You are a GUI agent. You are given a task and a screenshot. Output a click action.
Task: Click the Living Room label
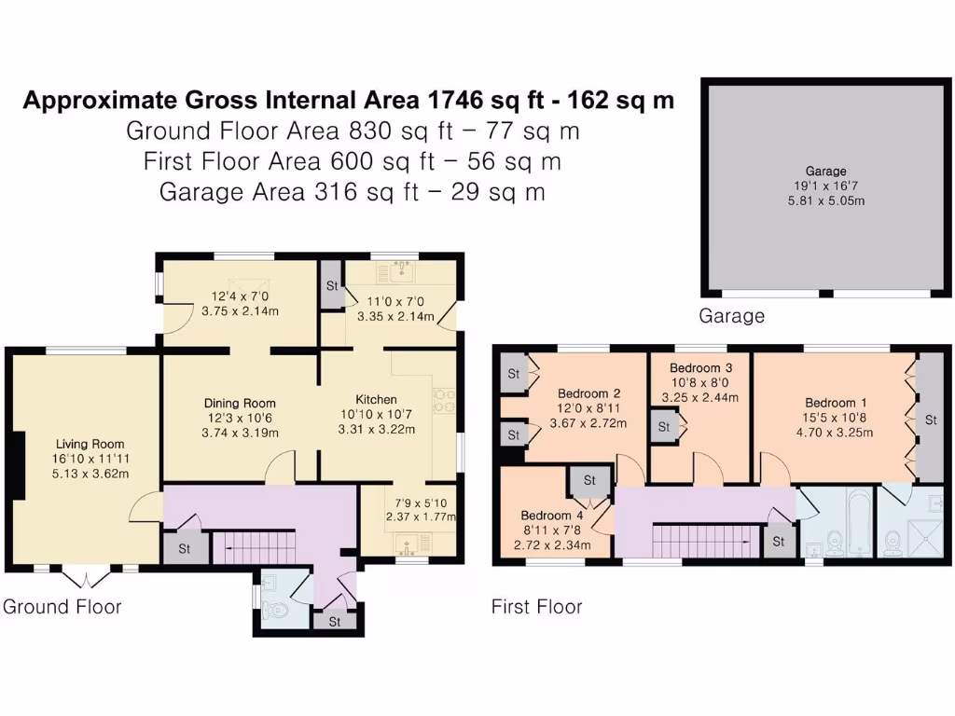point(90,444)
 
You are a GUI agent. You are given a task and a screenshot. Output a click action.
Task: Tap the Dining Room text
point(241,403)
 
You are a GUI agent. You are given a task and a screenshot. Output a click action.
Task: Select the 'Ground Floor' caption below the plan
point(62,607)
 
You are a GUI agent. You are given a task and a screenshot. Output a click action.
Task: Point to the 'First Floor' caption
point(536,607)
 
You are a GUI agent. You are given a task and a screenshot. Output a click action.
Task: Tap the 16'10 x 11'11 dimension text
point(90,459)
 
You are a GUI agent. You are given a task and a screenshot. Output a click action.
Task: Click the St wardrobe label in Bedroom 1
point(930,420)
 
